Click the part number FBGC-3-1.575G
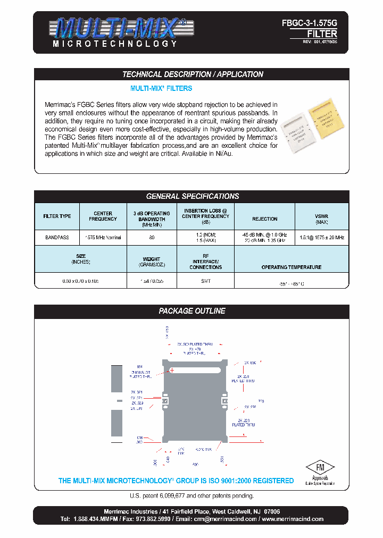(310, 24)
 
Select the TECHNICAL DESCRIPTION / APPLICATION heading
(193, 74)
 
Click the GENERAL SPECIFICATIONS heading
(193, 196)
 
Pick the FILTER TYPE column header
(57, 216)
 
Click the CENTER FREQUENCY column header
(103, 216)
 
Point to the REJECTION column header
(264, 218)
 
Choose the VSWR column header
(321, 218)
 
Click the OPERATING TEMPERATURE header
(291, 267)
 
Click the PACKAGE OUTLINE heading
(193, 311)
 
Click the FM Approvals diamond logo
(320, 468)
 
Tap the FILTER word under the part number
(322, 33)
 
